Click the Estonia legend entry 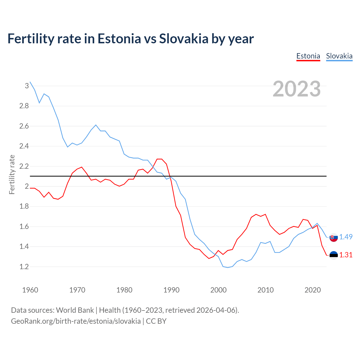pyautogui.click(x=308, y=56)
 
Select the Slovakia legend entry pyautogui.click(x=339, y=56)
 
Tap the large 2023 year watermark pyautogui.click(x=297, y=89)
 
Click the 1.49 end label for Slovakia pyautogui.click(x=346, y=237)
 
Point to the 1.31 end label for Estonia pyautogui.click(x=346, y=255)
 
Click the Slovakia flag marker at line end pyautogui.click(x=334, y=237)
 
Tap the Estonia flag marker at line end pyautogui.click(x=334, y=255)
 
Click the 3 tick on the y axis pyautogui.click(x=27, y=86)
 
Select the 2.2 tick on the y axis pyautogui.click(x=24, y=166)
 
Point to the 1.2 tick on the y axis pyautogui.click(x=24, y=267)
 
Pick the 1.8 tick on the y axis pyautogui.click(x=24, y=206)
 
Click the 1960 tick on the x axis pyautogui.click(x=30, y=290)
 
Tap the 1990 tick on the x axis pyautogui.click(x=171, y=290)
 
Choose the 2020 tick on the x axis pyautogui.click(x=312, y=290)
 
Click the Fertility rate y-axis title pyautogui.click(x=12, y=174)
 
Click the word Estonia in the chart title pyautogui.click(x=119, y=39)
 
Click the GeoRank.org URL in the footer pyautogui.click(x=76, y=321)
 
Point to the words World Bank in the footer pyautogui.click(x=75, y=310)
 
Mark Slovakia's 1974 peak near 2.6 pyautogui.click(x=96, y=125)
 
